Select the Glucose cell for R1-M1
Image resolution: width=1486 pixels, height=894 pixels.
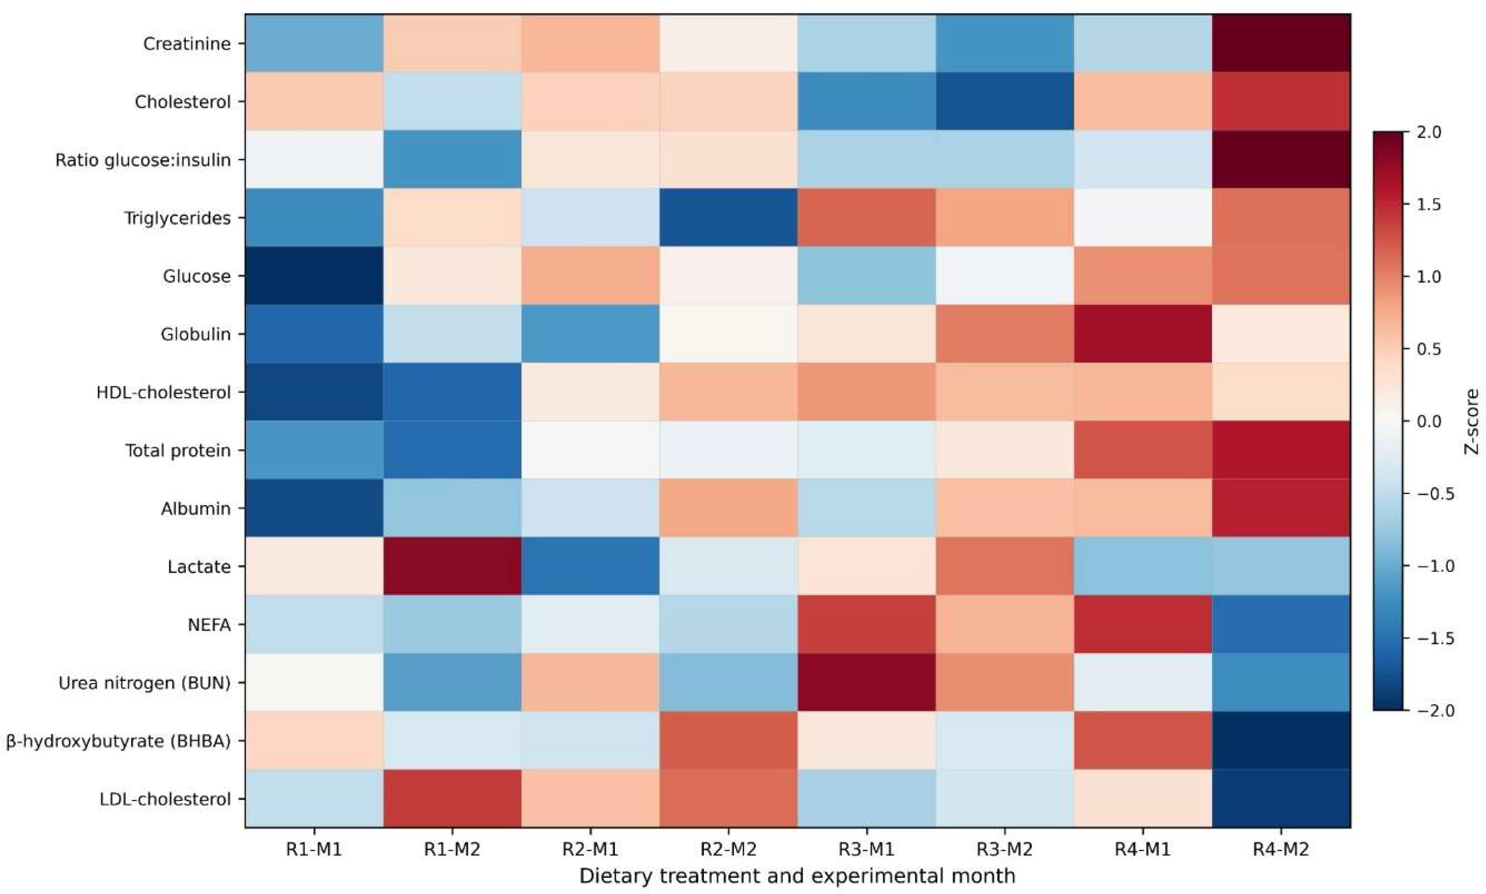(x=314, y=276)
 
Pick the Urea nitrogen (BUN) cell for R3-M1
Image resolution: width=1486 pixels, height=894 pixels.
(x=867, y=683)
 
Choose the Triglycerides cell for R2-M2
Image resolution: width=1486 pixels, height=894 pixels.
(x=729, y=218)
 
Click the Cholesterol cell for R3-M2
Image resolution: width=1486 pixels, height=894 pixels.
(x=1005, y=102)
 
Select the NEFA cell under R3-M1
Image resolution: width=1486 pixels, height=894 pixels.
(x=867, y=625)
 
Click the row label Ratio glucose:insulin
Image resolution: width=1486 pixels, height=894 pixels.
(x=143, y=160)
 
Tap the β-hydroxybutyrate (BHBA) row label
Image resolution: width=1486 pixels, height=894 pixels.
(x=119, y=742)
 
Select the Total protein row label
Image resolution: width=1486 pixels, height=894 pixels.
(x=178, y=451)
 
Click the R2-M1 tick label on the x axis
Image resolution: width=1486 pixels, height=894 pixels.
(x=590, y=849)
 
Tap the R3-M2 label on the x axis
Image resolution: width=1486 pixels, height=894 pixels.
(x=1005, y=849)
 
